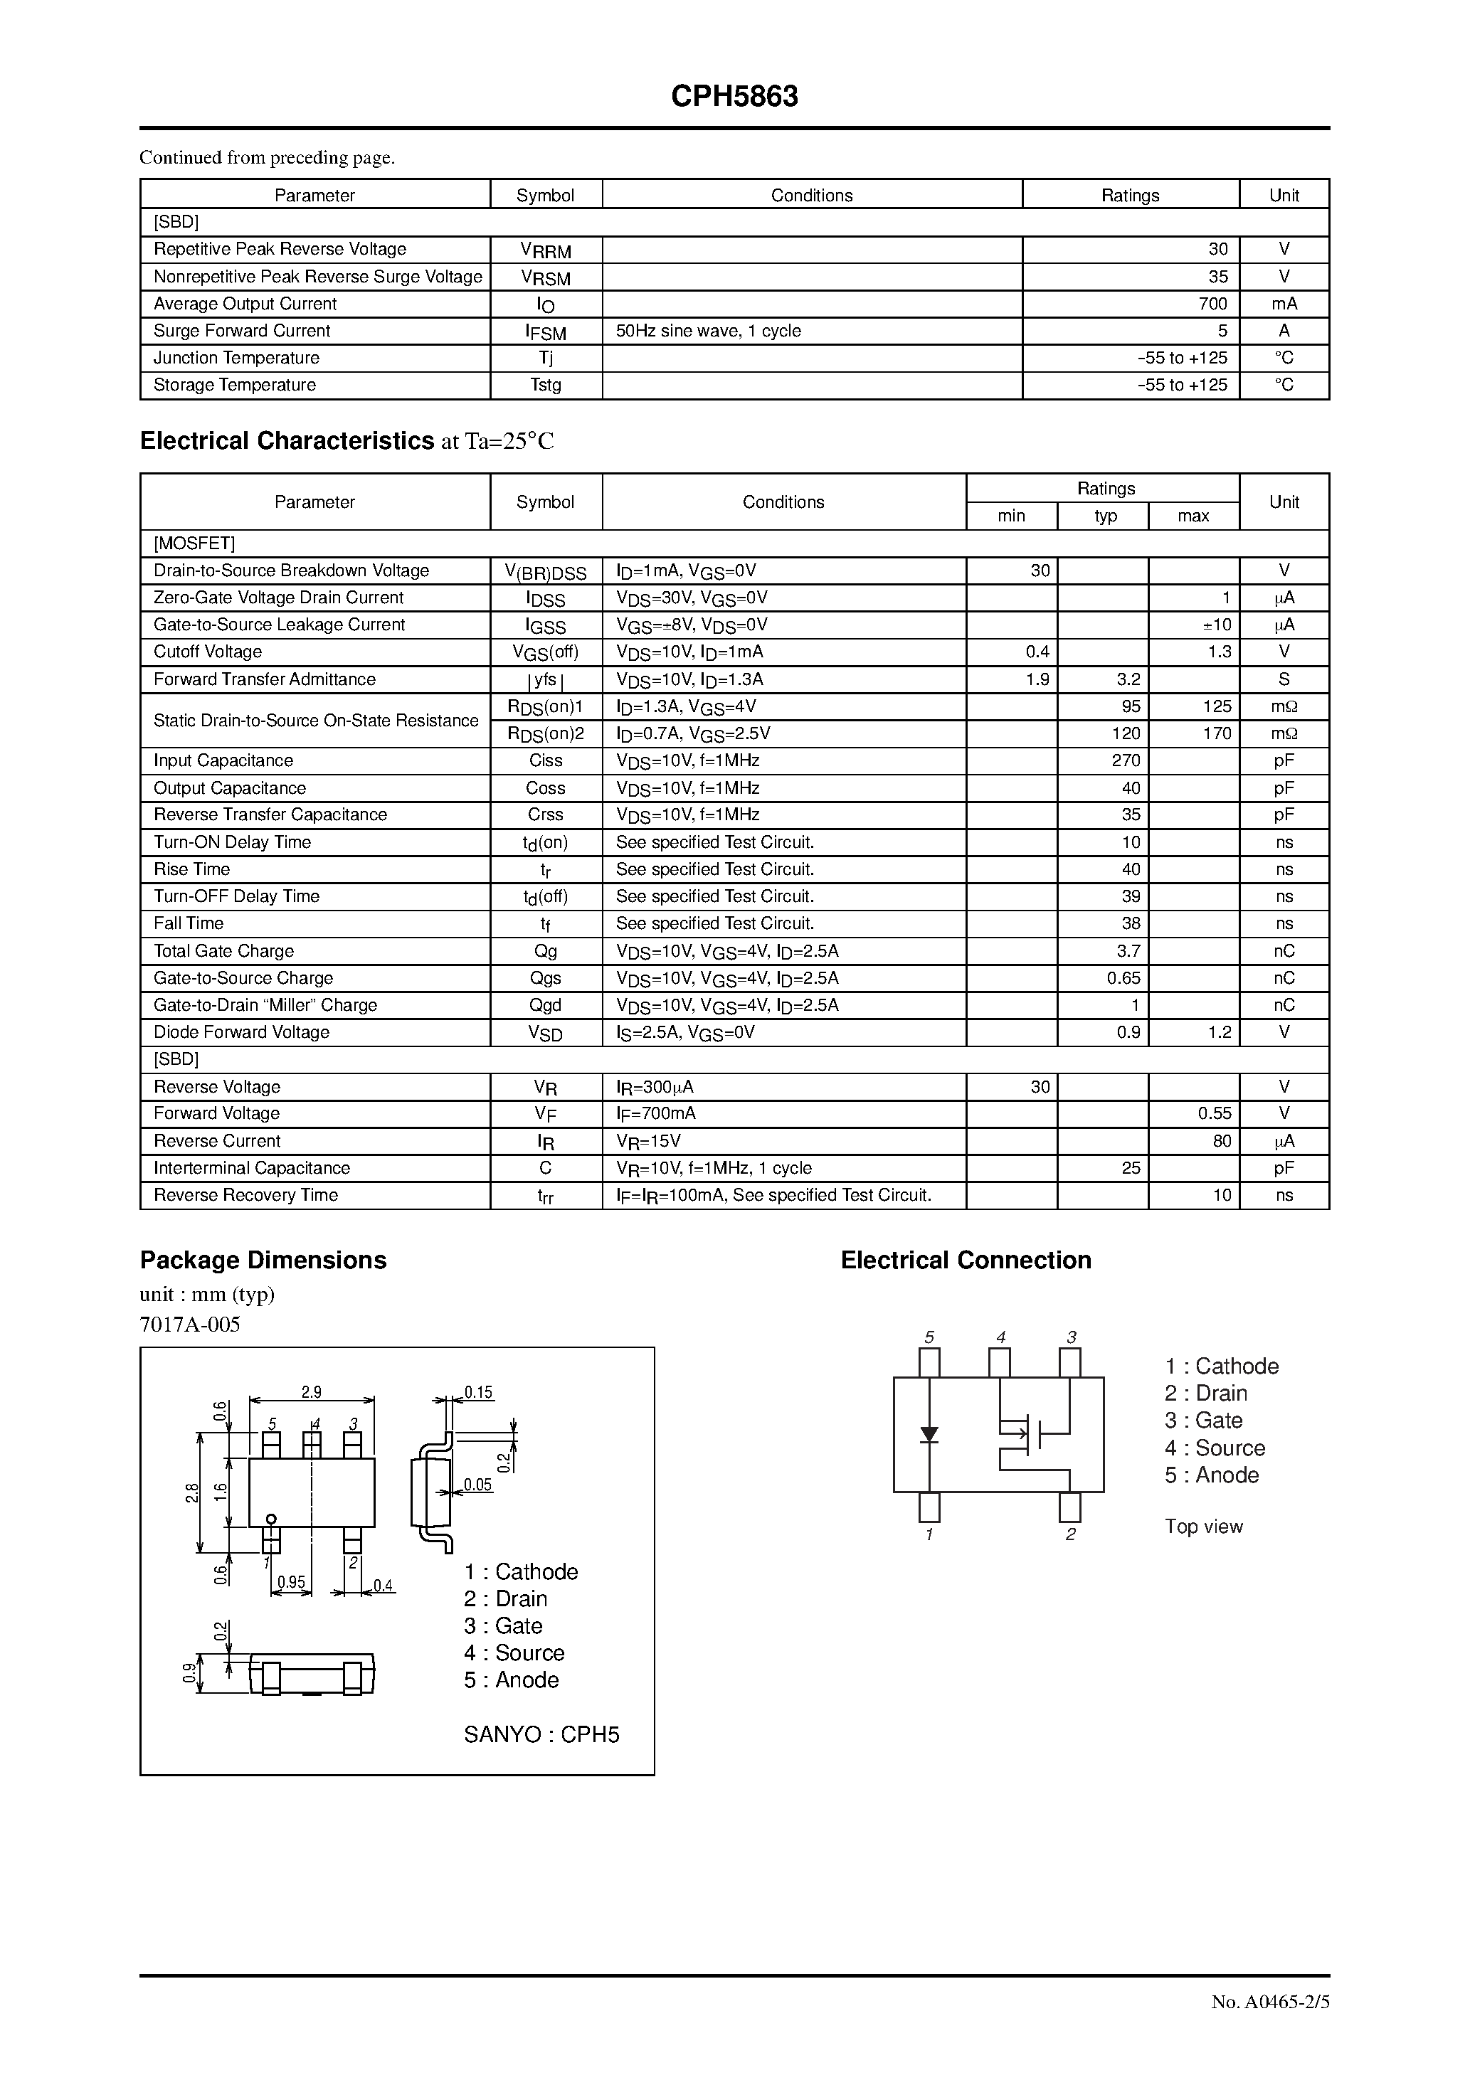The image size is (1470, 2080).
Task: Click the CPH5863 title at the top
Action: pyautogui.click(x=734, y=97)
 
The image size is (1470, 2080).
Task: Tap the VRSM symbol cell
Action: pyautogui.click(x=546, y=277)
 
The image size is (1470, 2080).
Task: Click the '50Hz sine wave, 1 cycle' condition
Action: pyautogui.click(x=708, y=331)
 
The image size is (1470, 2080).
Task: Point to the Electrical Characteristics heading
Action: pyautogui.click(x=287, y=441)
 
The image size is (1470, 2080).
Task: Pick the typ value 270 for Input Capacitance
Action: pyautogui.click(x=1126, y=760)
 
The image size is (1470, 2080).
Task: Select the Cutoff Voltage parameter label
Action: pyautogui.click(x=208, y=652)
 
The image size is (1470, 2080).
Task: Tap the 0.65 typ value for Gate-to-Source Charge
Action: pyautogui.click(x=1123, y=977)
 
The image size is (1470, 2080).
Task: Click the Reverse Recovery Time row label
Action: pyautogui.click(x=245, y=1195)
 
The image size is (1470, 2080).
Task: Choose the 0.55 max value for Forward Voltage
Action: pyautogui.click(x=1215, y=1113)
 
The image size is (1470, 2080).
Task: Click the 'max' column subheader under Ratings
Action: pyautogui.click(x=1193, y=516)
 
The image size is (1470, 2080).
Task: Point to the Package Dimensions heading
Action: pyautogui.click(x=263, y=1260)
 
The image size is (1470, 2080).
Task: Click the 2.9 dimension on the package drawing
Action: pyautogui.click(x=311, y=1392)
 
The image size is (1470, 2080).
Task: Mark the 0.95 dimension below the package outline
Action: pyautogui.click(x=291, y=1583)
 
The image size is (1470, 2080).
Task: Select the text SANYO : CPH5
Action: pyautogui.click(x=541, y=1734)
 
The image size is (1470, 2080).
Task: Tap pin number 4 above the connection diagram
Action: pyautogui.click(x=1000, y=1337)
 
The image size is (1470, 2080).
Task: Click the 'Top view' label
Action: pyautogui.click(x=1204, y=1527)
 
